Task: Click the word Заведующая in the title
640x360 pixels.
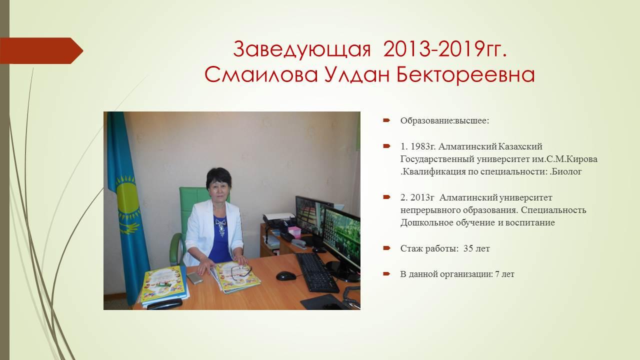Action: click(301, 49)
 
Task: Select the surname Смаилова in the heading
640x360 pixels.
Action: click(261, 75)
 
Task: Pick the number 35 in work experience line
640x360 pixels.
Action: click(468, 248)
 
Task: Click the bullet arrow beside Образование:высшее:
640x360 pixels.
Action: click(386, 120)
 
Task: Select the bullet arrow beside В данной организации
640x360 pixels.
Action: click(386, 274)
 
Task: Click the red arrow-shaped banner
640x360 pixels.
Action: click(41, 51)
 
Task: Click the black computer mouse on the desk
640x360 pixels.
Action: click(286, 275)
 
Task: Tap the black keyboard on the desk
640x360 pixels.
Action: click(316, 272)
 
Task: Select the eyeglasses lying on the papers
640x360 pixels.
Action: click(241, 272)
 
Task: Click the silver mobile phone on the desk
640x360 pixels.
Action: click(194, 278)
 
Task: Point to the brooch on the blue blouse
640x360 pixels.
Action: click(221, 227)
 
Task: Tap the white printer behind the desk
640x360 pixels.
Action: click(279, 219)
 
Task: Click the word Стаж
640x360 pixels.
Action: click(411, 248)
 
